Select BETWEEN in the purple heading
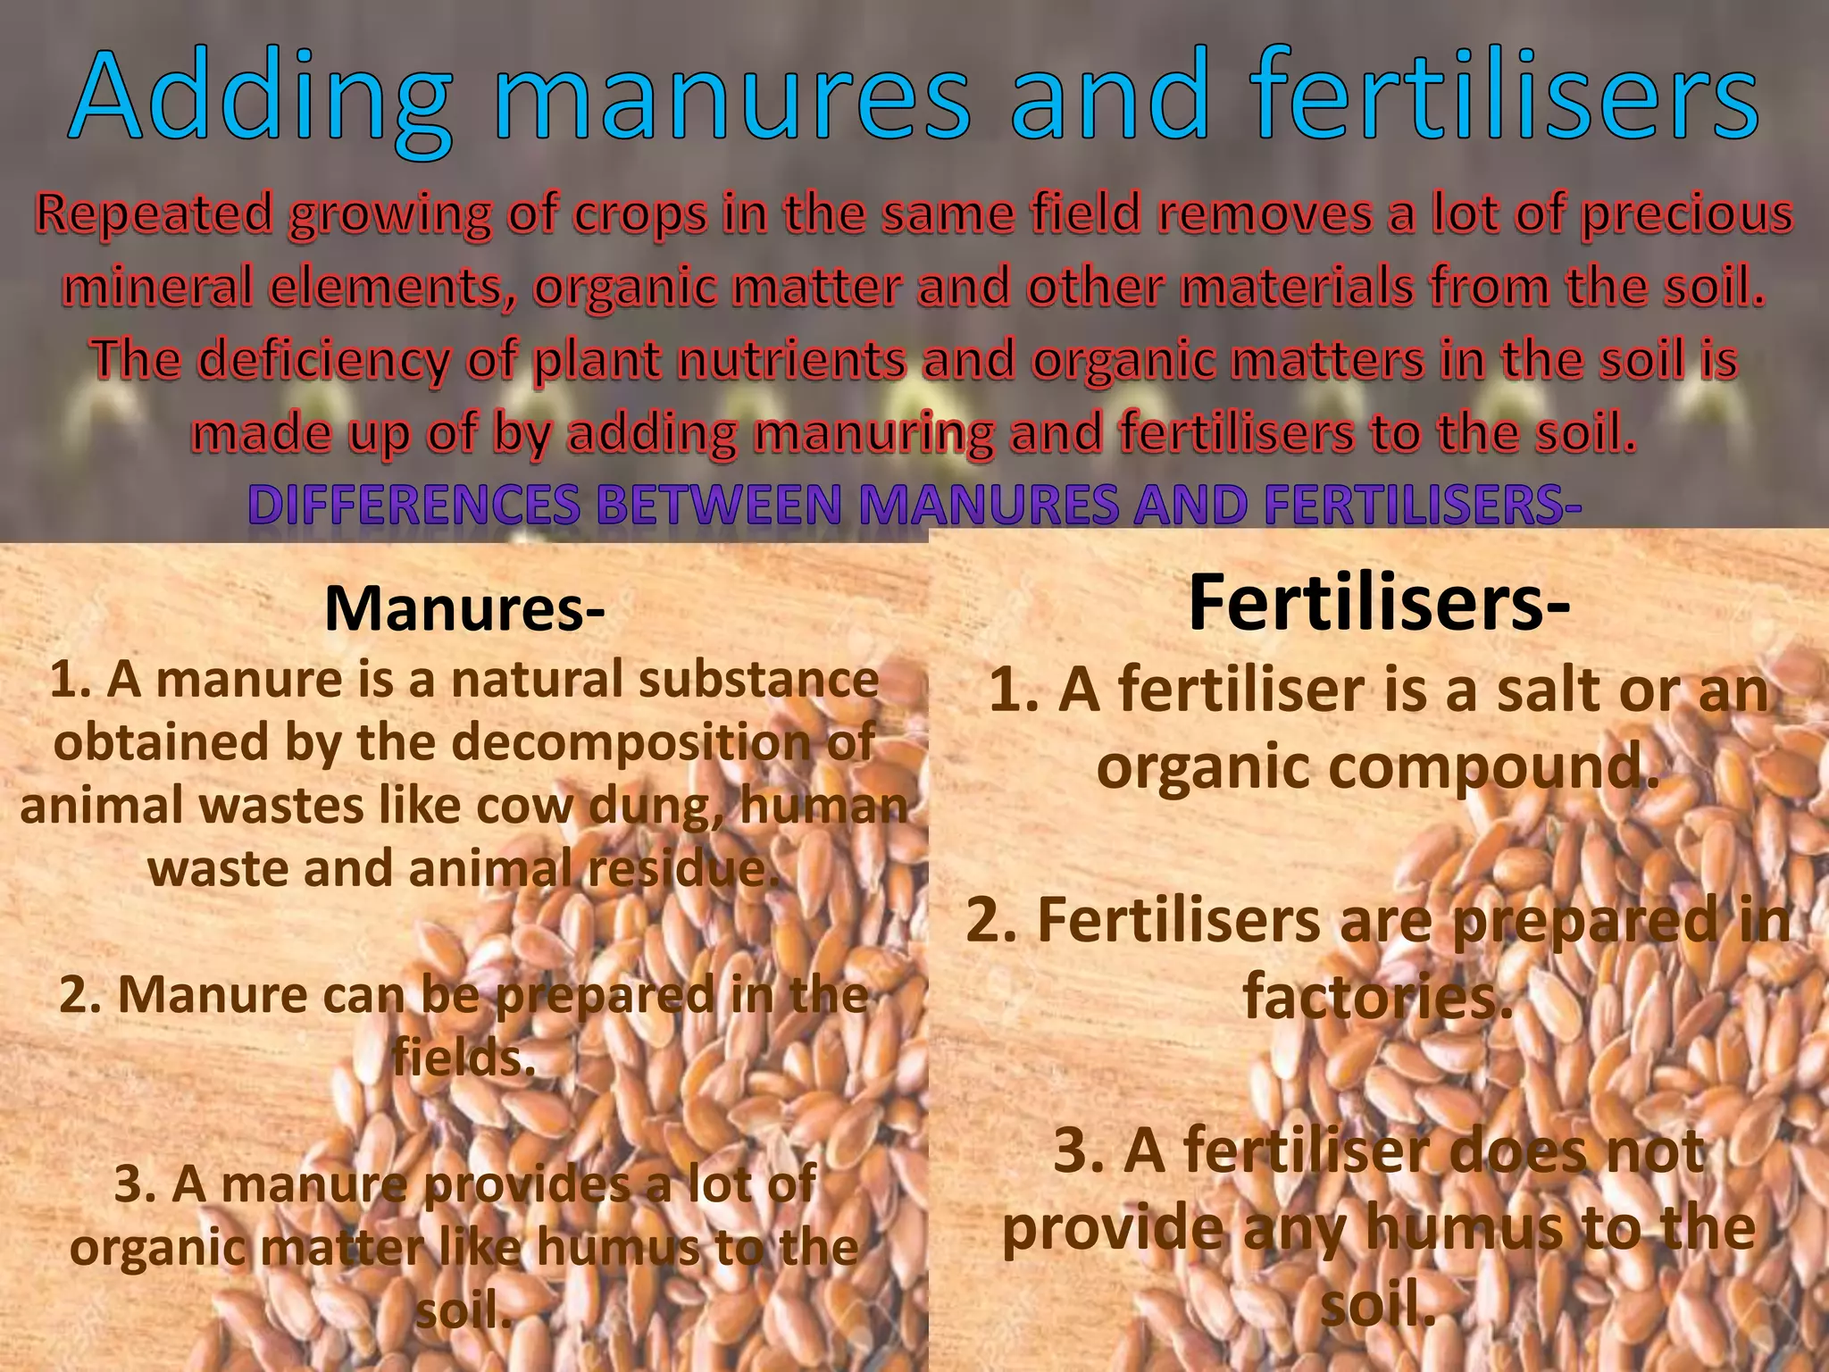(719, 506)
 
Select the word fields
(464, 1059)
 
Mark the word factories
(1379, 998)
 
